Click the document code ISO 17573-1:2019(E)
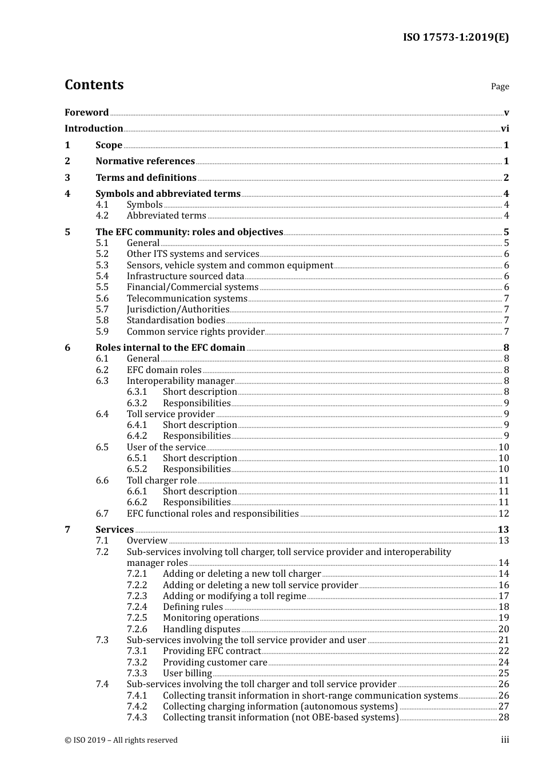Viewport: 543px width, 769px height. coord(456,37)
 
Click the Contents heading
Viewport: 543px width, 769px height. coord(94,85)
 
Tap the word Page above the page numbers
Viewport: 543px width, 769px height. coord(500,86)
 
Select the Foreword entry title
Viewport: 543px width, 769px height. coord(86,112)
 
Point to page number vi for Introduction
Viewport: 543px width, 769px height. coord(505,129)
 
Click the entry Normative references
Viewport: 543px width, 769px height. coord(145,161)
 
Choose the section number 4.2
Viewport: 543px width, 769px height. coord(102,216)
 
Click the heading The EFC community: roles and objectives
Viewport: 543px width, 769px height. coord(189,232)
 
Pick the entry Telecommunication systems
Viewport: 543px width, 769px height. coord(187,298)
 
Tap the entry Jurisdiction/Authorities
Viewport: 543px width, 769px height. coord(178,310)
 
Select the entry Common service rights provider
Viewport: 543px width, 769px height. coord(195,332)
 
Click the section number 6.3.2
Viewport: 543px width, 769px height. coord(137,403)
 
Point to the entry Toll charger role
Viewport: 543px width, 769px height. coord(162,481)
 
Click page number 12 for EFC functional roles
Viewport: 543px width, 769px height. coord(504,514)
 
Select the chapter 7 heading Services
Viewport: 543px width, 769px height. coord(114,530)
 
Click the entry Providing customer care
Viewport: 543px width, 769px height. coord(215,662)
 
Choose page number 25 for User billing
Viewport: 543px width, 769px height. coord(504,673)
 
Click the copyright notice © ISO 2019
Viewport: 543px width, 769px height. coord(121,740)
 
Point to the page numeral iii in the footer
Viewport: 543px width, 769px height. coord(505,740)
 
